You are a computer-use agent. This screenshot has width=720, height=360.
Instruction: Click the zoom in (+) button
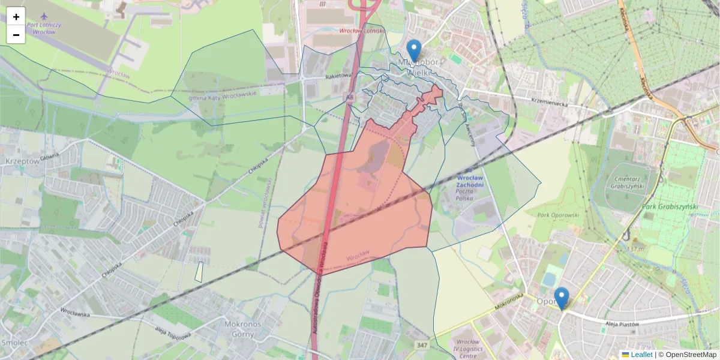tap(16, 17)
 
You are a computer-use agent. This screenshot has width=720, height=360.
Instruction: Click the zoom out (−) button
tap(16, 35)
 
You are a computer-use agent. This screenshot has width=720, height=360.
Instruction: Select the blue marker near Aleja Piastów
tap(562, 298)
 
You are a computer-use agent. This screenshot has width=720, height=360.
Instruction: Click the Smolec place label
tap(13, 343)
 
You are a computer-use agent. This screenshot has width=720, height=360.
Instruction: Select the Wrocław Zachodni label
tap(470, 182)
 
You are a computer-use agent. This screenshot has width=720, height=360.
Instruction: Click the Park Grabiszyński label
tap(670, 207)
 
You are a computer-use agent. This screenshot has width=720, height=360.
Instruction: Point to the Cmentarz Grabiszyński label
tap(637, 182)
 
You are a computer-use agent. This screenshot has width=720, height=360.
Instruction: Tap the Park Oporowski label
tap(558, 215)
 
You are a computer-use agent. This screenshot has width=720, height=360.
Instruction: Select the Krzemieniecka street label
tap(549, 101)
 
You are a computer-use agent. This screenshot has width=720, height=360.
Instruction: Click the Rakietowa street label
tap(337, 76)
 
